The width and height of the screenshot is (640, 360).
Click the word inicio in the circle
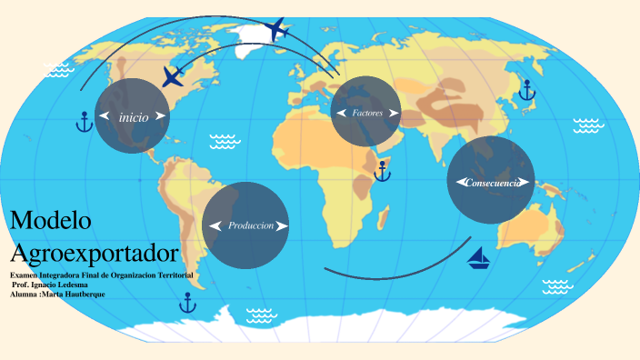point(133,116)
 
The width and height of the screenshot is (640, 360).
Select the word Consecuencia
point(492,183)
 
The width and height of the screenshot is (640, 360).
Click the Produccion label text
point(251,225)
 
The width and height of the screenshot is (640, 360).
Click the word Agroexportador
point(94,251)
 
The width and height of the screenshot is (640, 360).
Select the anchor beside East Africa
point(383,169)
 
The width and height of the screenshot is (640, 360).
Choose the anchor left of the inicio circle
point(84,122)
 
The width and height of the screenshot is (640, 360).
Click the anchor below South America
point(188,302)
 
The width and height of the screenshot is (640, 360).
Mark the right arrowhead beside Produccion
point(282,225)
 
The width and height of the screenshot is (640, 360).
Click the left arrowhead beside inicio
point(106,116)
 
